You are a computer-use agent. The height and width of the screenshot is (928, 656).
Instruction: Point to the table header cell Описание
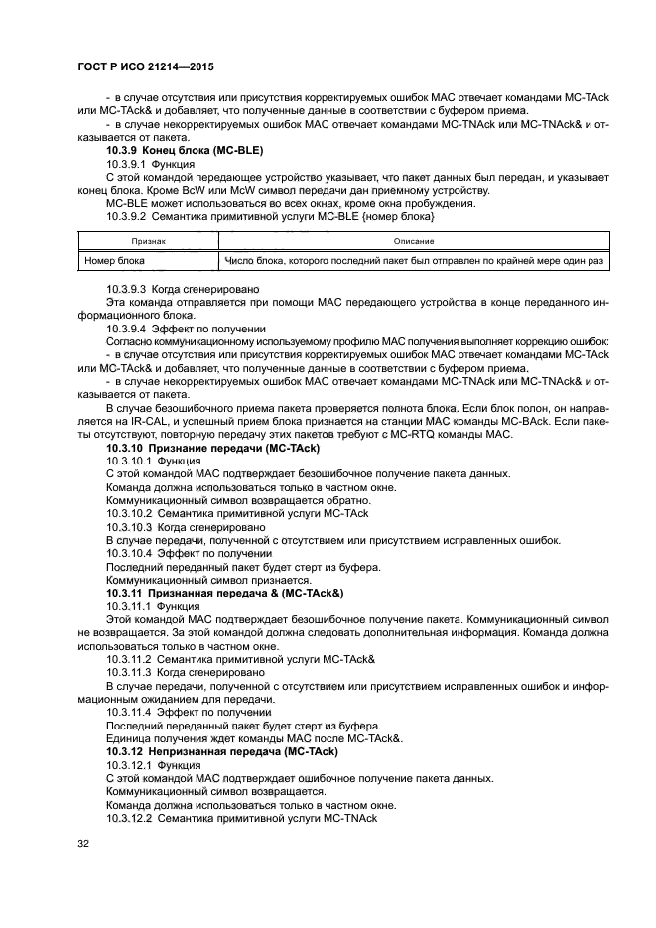[412, 241]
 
